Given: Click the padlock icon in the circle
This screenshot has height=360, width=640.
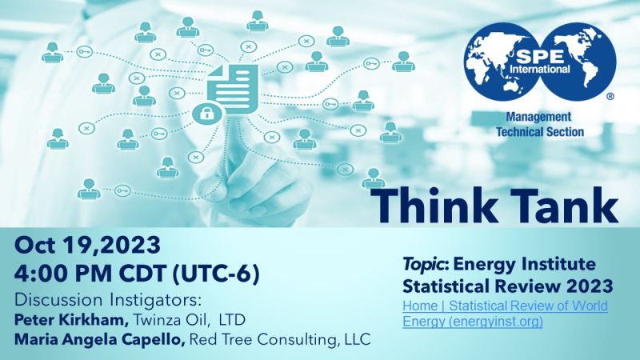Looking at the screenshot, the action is tap(207, 113).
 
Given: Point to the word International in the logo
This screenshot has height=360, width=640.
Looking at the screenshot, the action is tap(539, 70).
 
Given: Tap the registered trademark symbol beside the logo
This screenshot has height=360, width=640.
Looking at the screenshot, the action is tap(610, 97).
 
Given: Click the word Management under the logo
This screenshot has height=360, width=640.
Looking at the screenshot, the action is tap(538, 117).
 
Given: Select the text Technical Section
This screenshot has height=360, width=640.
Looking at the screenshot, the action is tap(539, 132).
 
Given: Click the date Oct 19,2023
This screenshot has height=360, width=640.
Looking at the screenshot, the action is tap(87, 246).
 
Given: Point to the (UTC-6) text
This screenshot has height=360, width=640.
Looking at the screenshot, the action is tap(215, 274).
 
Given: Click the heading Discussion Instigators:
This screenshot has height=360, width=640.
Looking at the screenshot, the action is tap(108, 300).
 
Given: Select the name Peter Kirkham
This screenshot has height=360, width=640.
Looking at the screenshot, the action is tap(71, 319).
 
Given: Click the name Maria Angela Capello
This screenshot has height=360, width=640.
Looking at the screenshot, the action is tap(99, 339).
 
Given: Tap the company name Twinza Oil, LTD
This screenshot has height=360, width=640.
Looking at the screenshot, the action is tap(190, 319).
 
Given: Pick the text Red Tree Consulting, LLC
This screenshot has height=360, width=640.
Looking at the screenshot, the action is tap(281, 339).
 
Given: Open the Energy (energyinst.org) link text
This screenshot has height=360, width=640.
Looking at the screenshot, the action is tap(473, 322).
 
